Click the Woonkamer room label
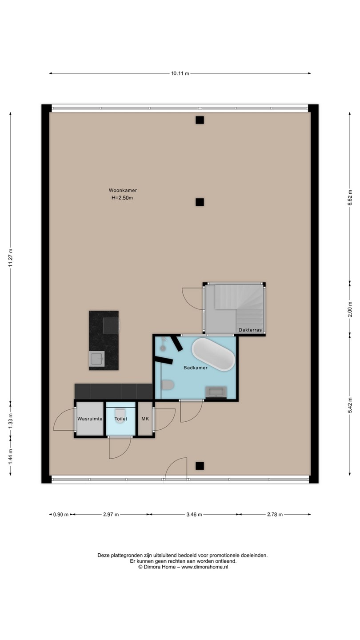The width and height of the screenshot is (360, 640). pos(123,190)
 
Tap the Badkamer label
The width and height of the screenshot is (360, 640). pos(196,368)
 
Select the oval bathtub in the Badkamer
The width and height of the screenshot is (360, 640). pos(213,354)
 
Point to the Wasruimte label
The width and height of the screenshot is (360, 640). pos(90,419)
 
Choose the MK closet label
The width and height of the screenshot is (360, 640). pos(145,419)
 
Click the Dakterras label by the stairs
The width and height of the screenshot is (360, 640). pos(250,330)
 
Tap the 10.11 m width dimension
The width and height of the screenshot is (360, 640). pos(180,73)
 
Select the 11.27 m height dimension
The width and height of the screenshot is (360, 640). pos(11,257)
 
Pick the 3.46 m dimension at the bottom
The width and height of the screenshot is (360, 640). pos(194,515)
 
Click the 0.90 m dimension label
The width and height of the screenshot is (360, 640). pos(61,515)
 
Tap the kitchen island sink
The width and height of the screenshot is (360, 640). pos(97,359)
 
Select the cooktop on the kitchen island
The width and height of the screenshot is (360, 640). pos(111,325)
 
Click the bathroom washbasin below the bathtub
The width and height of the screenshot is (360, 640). pos(216,392)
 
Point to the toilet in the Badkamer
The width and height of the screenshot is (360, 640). pos(168,385)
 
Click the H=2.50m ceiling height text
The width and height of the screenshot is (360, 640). pos(122,198)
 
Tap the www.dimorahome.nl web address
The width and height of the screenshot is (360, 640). pos(204,567)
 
